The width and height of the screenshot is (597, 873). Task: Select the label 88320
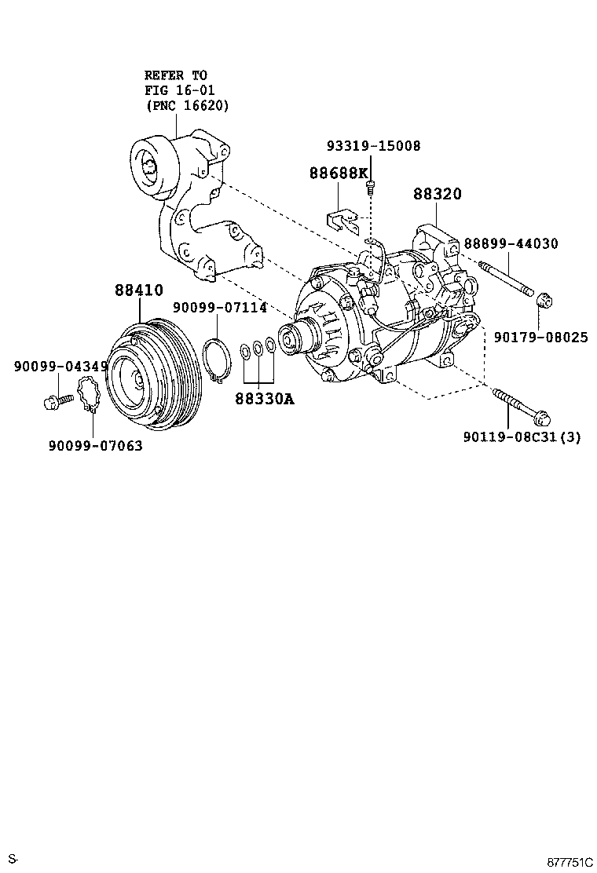438,195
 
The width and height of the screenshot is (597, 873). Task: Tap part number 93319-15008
374,146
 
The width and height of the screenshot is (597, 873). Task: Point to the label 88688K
338,173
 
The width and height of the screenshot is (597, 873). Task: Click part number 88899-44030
511,244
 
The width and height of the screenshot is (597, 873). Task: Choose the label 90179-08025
540,337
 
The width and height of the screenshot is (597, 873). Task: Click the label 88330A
264,400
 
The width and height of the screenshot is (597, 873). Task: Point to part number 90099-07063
95,446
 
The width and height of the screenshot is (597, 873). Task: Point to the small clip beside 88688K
339,219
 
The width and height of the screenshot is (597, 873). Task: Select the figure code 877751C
570,862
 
